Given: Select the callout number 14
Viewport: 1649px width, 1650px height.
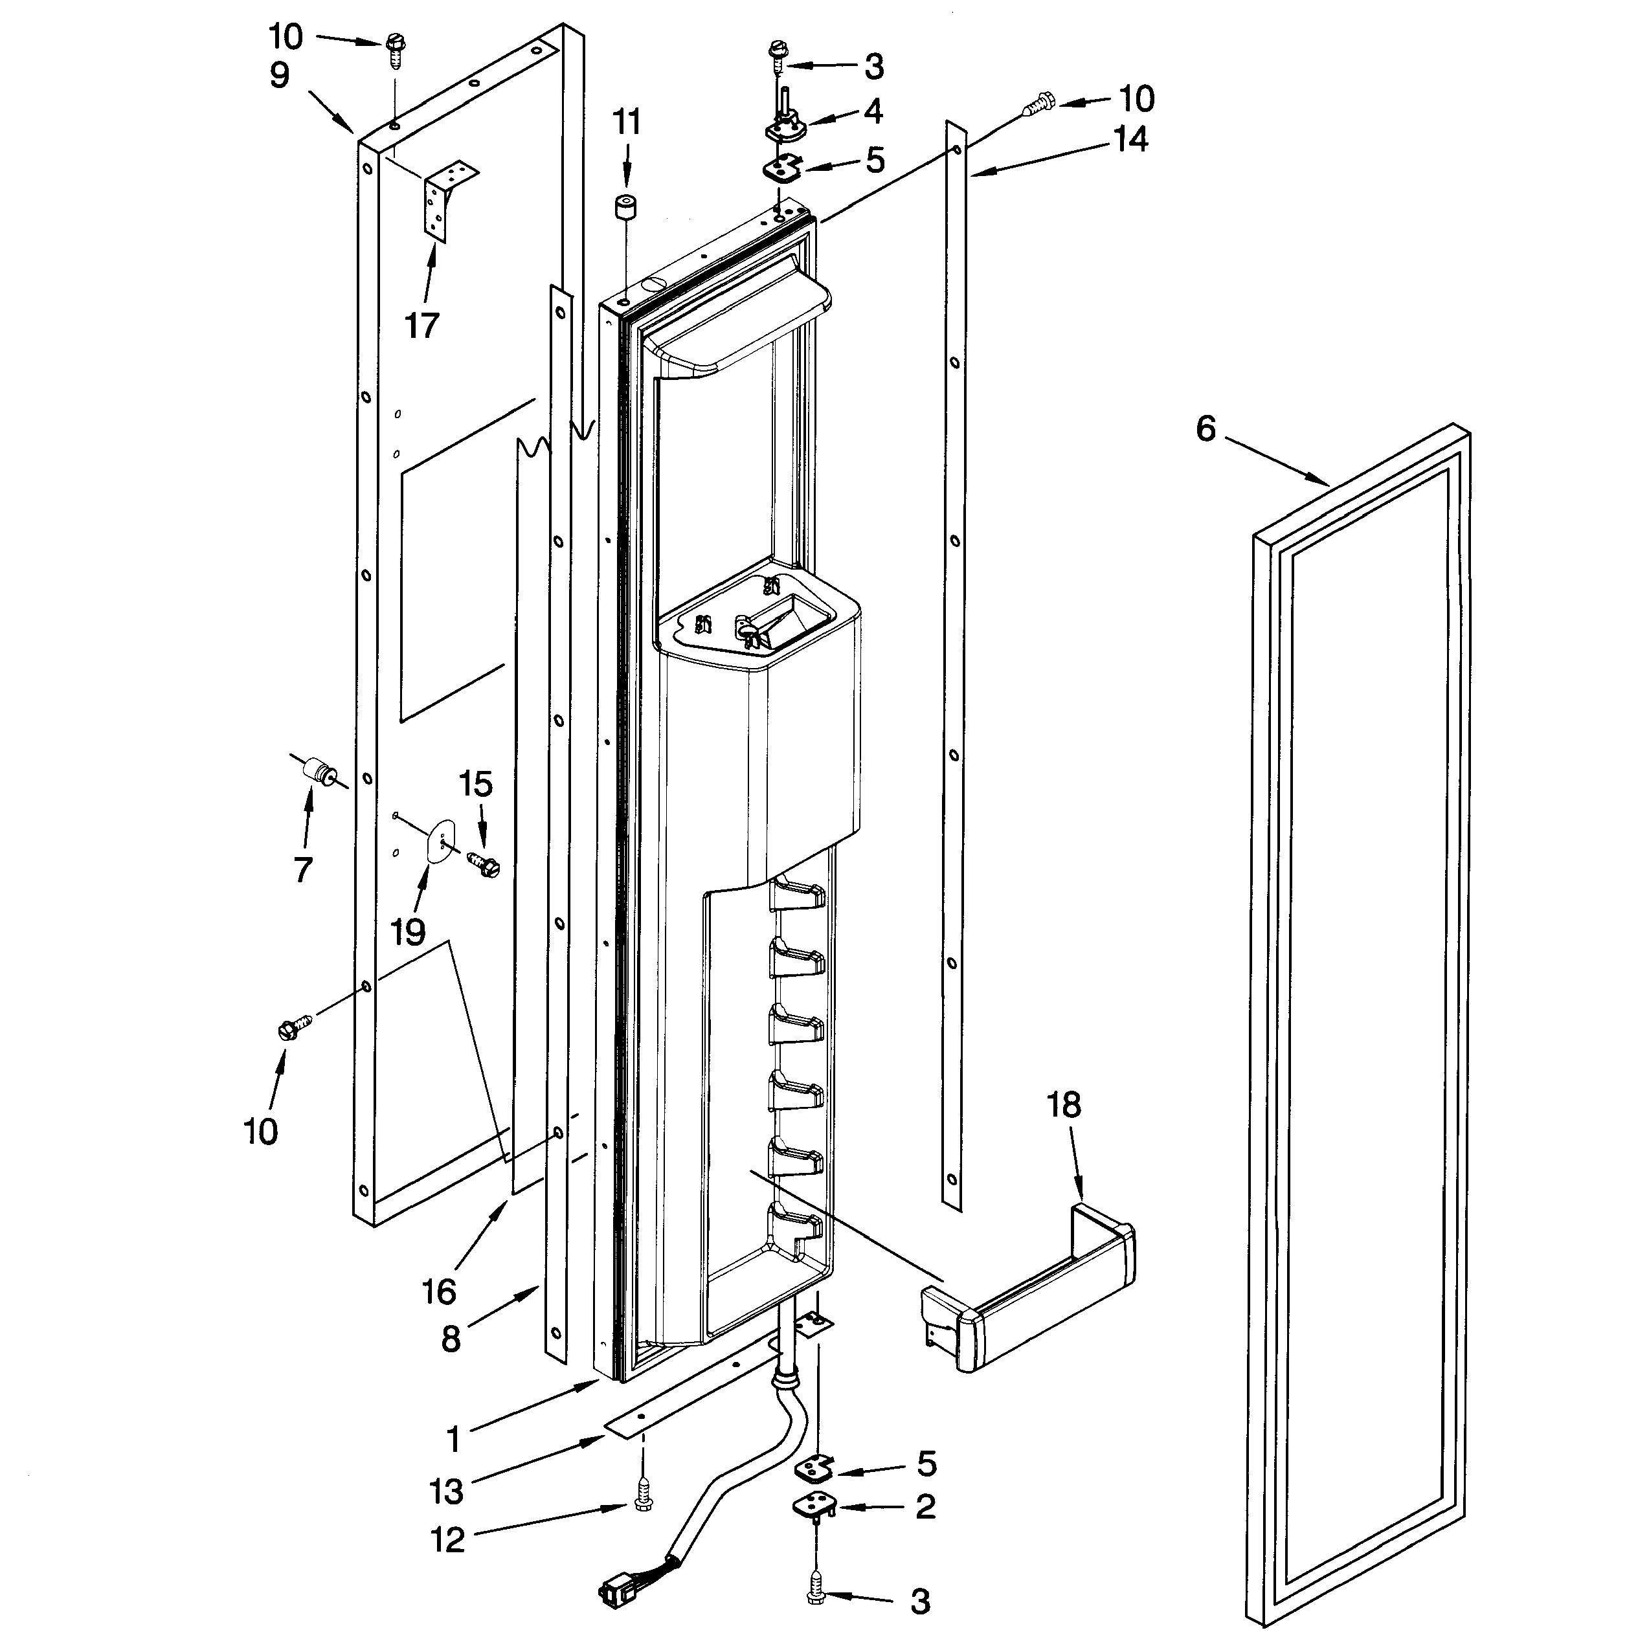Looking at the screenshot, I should coord(1130,139).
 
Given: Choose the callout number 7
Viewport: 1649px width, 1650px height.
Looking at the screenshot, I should coord(303,869).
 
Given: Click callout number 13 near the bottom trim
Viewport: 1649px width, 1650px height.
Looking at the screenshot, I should coord(445,1491).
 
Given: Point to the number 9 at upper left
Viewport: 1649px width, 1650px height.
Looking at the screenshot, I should coord(280,75).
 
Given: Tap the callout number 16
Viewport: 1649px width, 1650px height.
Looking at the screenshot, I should coord(438,1292).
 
